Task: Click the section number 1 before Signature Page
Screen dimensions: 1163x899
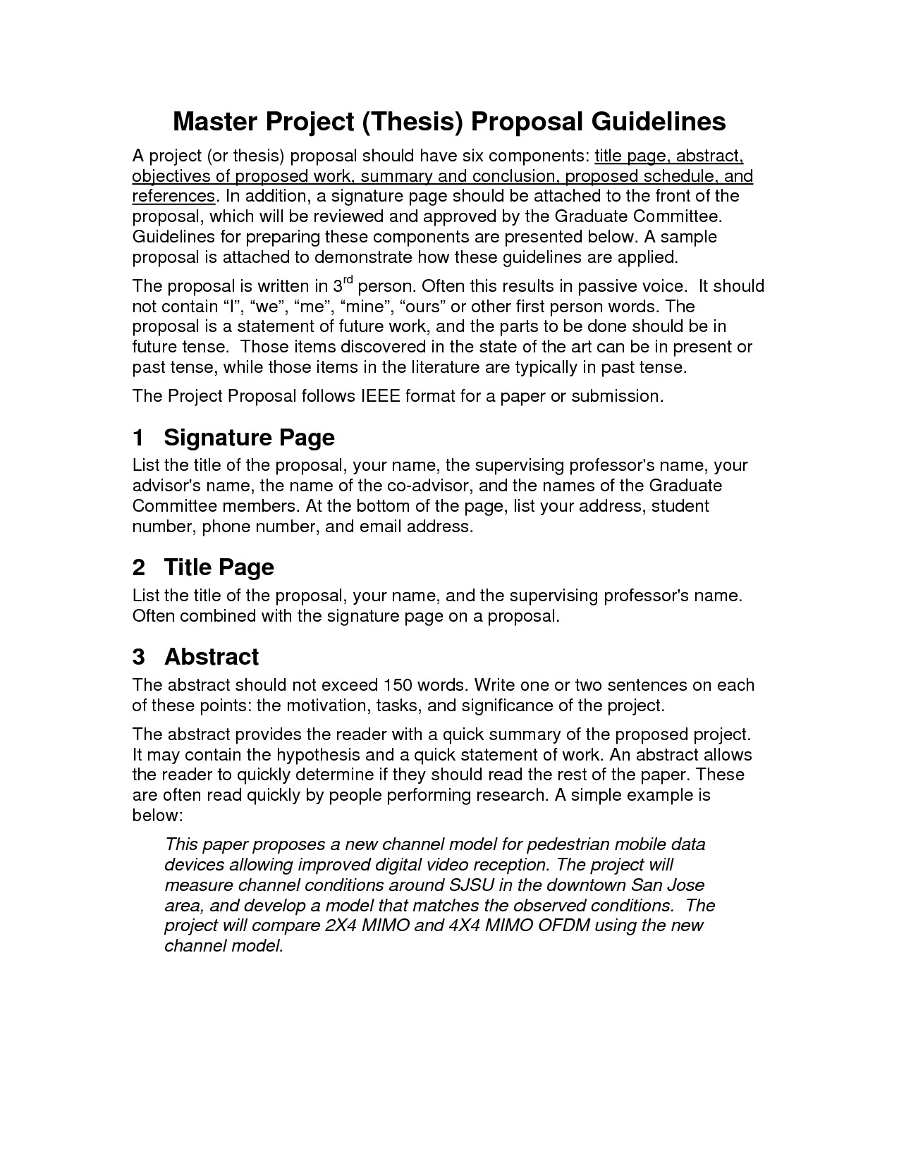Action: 138,438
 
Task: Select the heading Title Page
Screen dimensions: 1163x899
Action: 219,567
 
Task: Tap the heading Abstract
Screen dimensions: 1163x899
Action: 212,657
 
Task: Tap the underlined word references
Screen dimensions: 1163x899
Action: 173,196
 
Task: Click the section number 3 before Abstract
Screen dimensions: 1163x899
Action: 138,657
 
